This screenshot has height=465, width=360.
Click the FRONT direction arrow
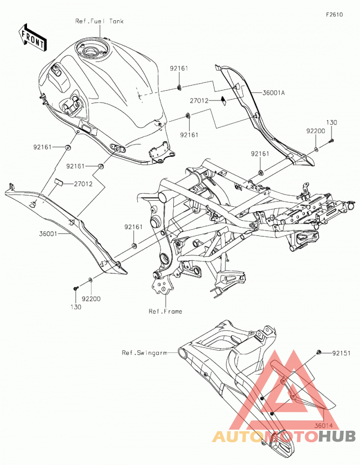32,37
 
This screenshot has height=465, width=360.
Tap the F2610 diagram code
334,14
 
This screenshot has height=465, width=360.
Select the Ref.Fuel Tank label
99,21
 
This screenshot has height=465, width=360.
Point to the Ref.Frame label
165,312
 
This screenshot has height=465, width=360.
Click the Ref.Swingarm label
144,353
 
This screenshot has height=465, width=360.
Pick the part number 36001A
274,93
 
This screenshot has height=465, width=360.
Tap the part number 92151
341,353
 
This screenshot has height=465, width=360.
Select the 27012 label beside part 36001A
199,101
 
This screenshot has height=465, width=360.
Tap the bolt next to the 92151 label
319,352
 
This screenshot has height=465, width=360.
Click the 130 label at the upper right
332,122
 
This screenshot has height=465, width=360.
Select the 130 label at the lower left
76,307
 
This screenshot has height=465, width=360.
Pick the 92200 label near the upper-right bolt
315,131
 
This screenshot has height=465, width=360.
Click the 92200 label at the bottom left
91,299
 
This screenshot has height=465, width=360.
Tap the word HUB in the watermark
337,436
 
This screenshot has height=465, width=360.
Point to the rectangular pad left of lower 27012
58,182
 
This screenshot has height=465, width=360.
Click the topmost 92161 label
179,68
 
